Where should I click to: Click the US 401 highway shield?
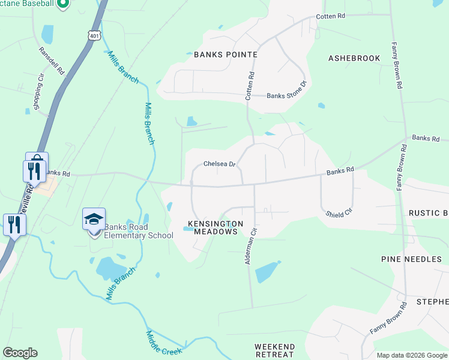(94, 36)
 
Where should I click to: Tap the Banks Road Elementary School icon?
(94, 219)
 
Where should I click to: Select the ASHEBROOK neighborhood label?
(354, 58)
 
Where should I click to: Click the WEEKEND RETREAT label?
(274, 350)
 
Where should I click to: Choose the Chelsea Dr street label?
(218, 163)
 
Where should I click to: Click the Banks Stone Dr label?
(286, 95)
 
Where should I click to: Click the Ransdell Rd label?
(52, 61)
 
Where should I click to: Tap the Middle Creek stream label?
(163, 343)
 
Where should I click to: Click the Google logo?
(20, 353)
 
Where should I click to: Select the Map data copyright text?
(412, 356)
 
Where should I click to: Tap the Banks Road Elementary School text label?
(139, 231)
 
